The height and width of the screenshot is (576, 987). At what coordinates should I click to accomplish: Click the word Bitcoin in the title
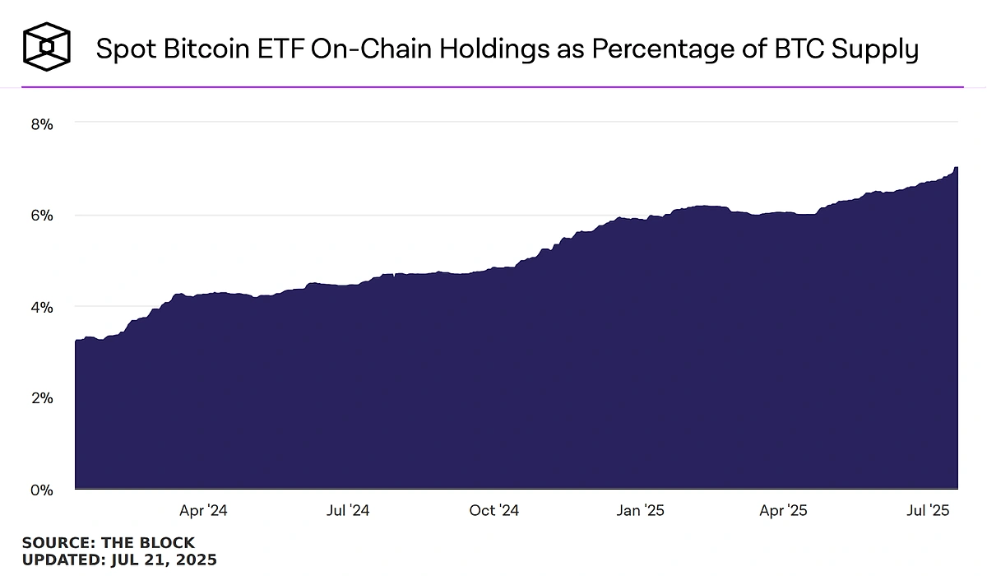click(x=202, y=49)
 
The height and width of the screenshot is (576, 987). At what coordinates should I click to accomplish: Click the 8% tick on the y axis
click(x=42, y=124)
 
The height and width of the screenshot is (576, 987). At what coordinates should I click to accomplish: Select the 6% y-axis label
click(x=42, y=216)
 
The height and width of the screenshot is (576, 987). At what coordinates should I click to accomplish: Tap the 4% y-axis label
click(x=42, y=307)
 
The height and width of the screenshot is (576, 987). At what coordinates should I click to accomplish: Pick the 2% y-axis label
click(x=42, y=398)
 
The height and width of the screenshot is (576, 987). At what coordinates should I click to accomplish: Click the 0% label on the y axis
click(x=42, y=490)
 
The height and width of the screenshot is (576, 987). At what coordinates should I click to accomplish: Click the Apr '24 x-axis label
click(x=203, y=511)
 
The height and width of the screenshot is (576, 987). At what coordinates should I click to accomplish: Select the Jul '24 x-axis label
click(x=348, y=511)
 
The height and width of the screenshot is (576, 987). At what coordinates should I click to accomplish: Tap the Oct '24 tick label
click(x=494, y=511)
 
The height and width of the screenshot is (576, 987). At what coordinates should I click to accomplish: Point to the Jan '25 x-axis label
click(x=641, y=511)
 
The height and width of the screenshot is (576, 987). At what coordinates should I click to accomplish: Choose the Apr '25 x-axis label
click(x=784, y=511)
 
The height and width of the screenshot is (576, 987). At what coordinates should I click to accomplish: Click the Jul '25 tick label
click(x=929, y=511)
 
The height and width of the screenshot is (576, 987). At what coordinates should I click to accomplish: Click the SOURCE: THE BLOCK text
click(x=109, y=543)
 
